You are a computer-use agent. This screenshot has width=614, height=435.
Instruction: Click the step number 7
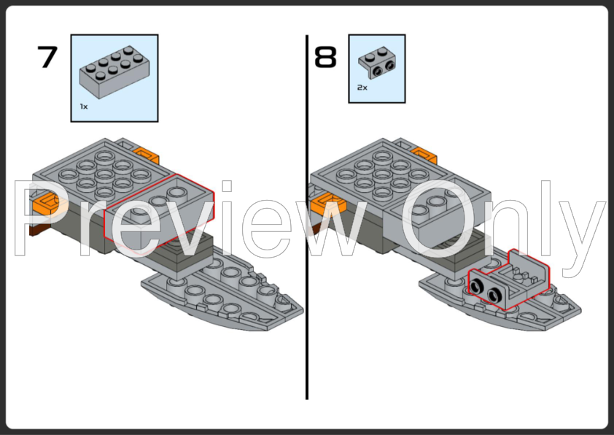[x=48, y=57]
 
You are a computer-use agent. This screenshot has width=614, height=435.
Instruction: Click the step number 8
[x=326, y=57]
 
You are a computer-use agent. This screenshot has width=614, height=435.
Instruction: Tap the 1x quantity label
[x=84, y=107]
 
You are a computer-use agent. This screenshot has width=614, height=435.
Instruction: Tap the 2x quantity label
[x=362, y=87]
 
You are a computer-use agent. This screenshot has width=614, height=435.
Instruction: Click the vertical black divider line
[x=306, y=219]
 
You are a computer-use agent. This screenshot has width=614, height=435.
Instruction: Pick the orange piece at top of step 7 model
[x=147, y=155]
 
